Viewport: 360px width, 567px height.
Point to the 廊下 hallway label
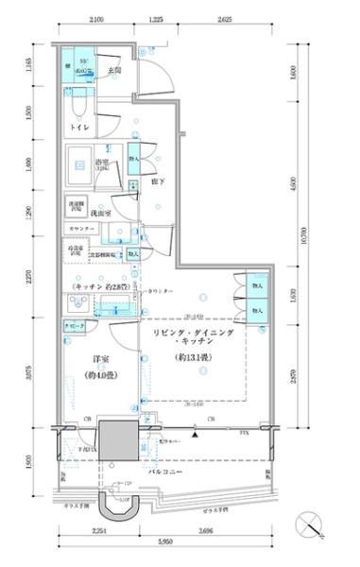coord(158,183)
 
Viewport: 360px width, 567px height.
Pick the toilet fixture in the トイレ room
coord(78,104)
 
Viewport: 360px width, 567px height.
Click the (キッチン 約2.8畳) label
coord(96,284)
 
